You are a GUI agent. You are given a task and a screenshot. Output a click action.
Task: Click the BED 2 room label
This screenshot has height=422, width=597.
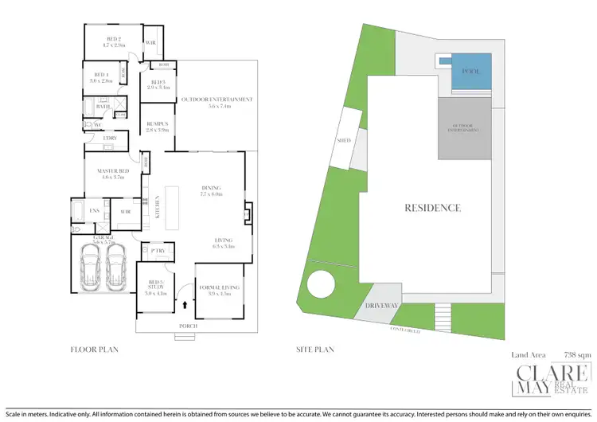tap(113, 39)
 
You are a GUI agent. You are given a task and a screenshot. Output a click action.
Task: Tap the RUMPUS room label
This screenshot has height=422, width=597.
tap(156, 125)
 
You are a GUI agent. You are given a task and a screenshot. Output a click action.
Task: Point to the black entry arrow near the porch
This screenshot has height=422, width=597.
tap(186, 304)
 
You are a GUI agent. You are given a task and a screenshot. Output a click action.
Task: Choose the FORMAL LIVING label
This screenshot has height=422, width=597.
tap(219, 289)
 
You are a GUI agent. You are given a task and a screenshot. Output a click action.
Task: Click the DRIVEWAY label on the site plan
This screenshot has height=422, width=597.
tap(382, 305)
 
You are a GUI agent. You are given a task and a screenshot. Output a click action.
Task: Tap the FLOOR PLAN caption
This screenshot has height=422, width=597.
tap(96, 349)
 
